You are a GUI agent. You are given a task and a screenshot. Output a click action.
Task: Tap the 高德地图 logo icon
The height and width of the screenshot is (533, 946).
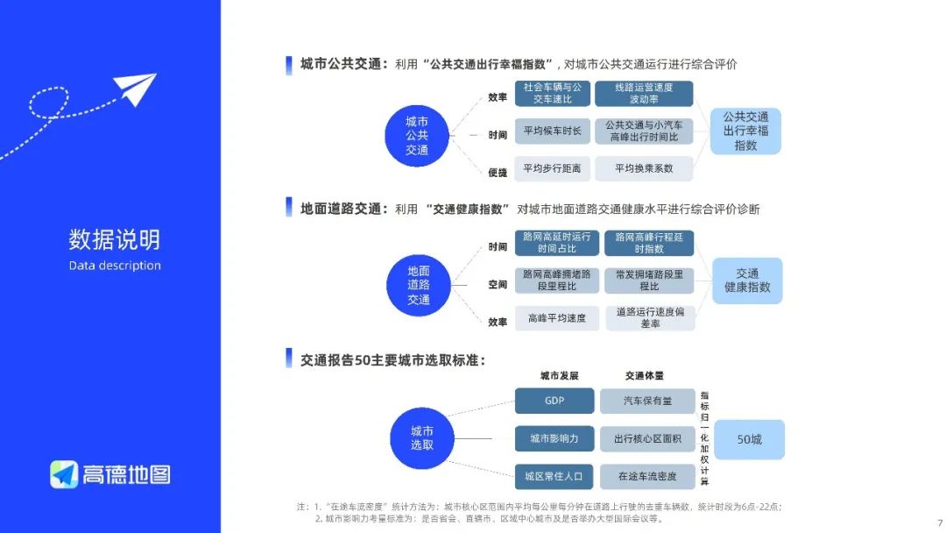click(64, 474)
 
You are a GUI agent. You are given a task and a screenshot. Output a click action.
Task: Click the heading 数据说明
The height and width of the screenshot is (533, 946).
click(115, 239)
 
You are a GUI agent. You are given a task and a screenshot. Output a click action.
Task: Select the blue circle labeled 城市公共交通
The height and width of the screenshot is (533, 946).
click(417, 135)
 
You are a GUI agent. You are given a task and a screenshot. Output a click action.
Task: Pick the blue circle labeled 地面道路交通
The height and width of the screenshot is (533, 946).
click(419, 285)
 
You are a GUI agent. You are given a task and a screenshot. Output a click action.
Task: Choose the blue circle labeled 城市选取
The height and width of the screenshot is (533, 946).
click(421, 438)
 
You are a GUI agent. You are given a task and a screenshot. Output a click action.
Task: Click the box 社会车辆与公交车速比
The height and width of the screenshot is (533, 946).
click(552, 94)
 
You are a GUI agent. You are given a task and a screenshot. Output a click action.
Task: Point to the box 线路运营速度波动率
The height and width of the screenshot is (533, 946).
click(644, 94)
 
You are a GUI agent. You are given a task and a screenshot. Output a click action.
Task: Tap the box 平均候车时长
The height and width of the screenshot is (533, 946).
click(552, 131)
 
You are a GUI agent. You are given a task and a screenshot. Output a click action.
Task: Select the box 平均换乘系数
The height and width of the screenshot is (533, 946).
click(644, 168)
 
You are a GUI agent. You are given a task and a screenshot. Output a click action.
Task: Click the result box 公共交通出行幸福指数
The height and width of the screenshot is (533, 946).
click(745, 131)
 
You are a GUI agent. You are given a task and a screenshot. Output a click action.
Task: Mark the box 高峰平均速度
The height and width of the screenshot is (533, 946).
click(556, 318)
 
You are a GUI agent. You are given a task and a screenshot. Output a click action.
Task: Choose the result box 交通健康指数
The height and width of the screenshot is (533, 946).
click(747, 281)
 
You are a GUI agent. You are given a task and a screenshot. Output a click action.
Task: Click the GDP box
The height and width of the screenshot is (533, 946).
click(554, 401)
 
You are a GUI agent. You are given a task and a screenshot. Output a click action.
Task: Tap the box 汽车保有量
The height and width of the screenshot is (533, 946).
click(647, 401)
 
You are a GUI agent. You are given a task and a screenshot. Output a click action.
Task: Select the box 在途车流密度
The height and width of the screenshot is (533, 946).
click(647, 476)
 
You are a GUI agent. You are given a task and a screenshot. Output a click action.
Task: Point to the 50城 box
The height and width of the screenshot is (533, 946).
click(749, 439)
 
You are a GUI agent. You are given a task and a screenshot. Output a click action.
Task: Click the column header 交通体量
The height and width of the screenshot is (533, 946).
click(644, 375)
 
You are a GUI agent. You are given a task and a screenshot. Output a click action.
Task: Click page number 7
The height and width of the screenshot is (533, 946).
click(939, 519)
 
